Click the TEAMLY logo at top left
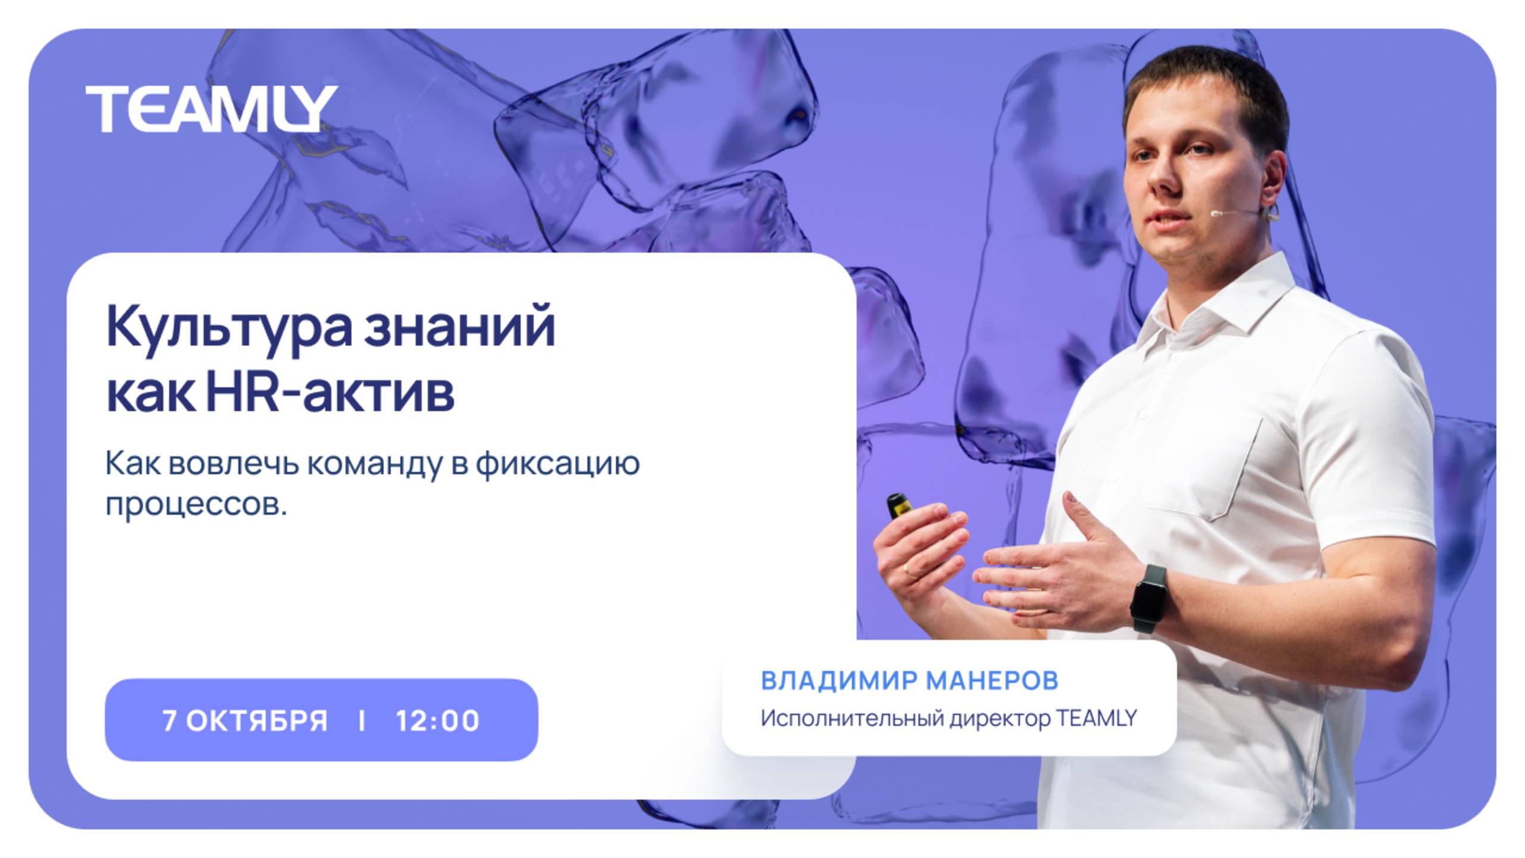pos(211,108)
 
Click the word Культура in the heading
pos(229,327)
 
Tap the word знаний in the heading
pos(459,327)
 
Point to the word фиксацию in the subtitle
pos(557,464)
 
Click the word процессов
pos(195,504)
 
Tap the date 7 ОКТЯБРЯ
pos(245,720)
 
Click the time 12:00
pos(438,720)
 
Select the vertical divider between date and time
pos(362,720)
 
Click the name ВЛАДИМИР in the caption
pos(839,680)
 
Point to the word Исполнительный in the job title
pos(852,718)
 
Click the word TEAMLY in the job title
pos(1096,718)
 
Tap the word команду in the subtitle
pos(375,464)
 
